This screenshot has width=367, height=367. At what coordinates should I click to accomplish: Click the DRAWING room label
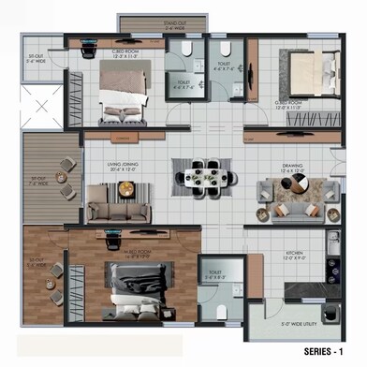(x=291, y=168)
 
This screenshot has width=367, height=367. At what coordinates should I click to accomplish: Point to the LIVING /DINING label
(x=124, y=167)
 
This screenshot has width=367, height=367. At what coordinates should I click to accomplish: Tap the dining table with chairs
(x=198, y=175)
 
